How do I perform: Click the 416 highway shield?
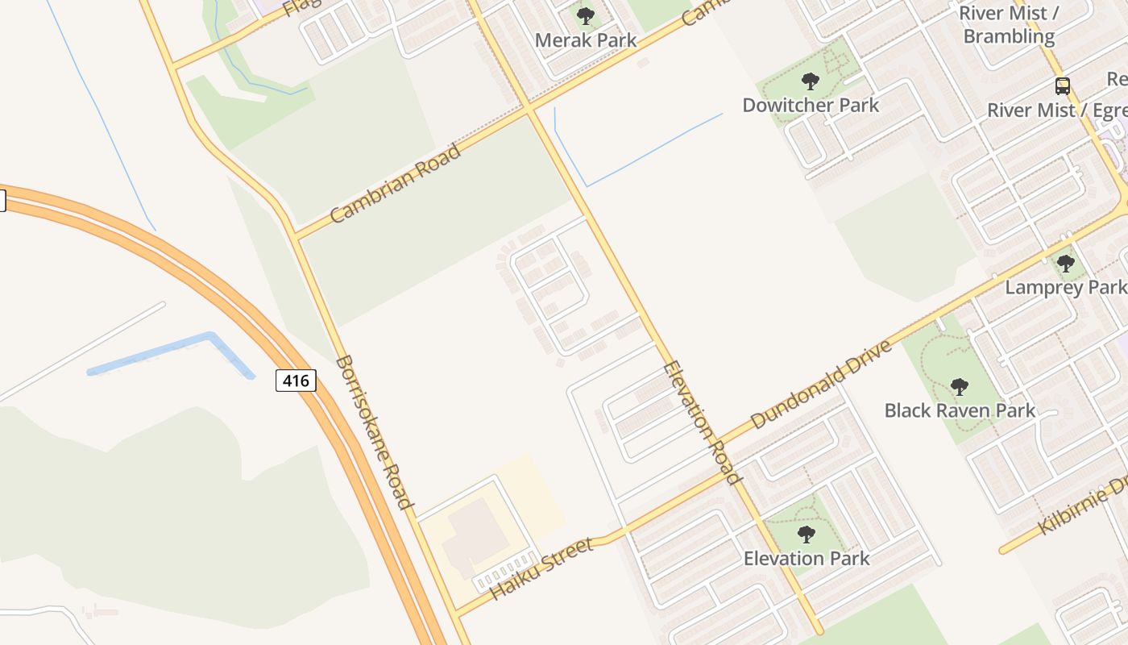coord(296,380)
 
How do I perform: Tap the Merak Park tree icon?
coord(586,15)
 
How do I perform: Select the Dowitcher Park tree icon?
coord(811,81)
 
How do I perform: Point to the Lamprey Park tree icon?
coord(1065,263)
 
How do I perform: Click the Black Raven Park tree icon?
coord(959,386)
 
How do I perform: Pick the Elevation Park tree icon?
coord(806,534)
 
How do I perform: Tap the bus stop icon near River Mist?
coord(1062,85)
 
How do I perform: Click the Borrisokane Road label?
coord(375,432)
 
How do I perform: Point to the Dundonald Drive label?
coord(821,384)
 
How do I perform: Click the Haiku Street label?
coord(541,568)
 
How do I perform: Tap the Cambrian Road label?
coord(396,183)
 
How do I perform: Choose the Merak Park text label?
coord(586,40)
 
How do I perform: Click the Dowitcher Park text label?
coord(811,106)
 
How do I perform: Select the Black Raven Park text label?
coord(960,410)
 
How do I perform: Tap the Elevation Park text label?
coord(807,558)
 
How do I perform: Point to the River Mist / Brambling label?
coord(1008,25)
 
